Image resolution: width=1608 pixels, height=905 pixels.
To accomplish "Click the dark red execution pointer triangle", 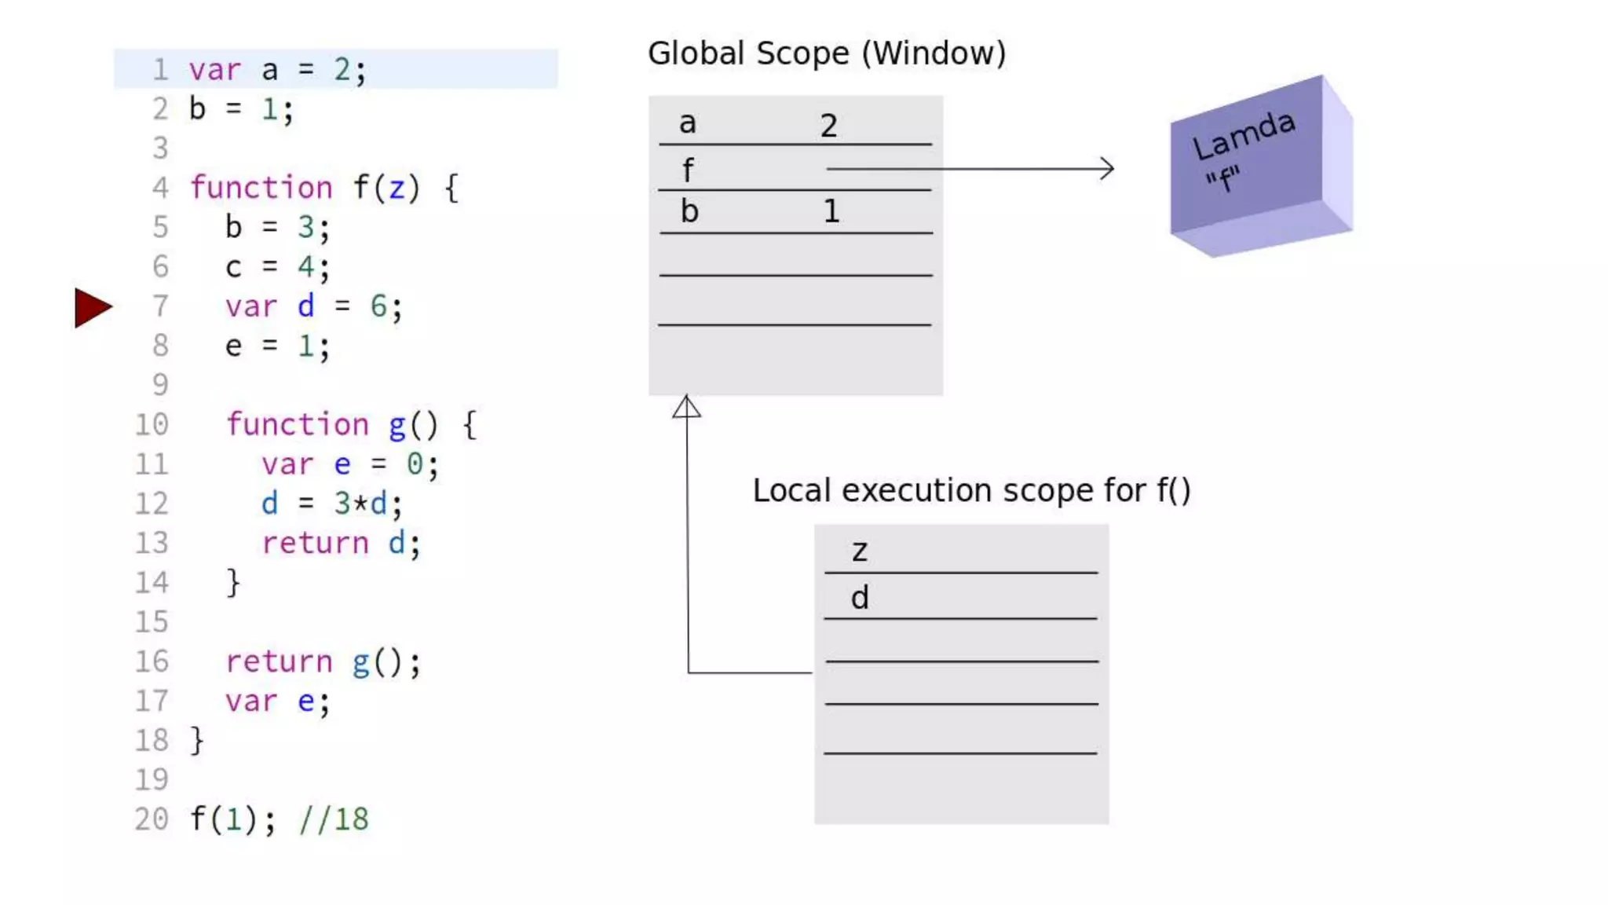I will click(x=92, y=307).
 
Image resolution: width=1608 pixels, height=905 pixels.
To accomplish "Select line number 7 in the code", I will click(x=160, y=306).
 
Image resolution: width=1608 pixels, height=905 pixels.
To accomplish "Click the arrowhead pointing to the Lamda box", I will click(x=1107, y=168).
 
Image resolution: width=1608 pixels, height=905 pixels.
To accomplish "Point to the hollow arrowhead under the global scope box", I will click(x=686, y=407).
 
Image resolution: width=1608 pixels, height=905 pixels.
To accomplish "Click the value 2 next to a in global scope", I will click(x=828, y=126).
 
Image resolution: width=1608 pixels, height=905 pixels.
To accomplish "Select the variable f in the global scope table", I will click(x=688, y=170).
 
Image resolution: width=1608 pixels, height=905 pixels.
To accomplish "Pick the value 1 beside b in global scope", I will click(x=831, y=211).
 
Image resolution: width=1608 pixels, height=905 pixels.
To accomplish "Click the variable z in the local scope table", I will click(x=860, y=551).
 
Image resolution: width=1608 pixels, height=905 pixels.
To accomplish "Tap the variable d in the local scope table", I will click(x=860, y=599).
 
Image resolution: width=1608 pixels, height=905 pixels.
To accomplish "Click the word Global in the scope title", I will click(x=696, y=53).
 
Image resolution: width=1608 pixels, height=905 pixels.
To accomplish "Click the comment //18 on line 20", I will click(x=334, y=819).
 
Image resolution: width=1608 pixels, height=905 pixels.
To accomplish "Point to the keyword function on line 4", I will click(x=261, y=188).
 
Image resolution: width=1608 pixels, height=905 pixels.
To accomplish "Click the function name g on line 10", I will click(x=397, y=425).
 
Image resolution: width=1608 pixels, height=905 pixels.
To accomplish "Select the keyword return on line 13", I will click(x=315, y=543).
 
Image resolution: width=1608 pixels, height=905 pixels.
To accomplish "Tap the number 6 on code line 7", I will click(x=378, y=306).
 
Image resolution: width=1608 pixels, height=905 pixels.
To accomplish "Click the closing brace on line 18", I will click(x=197, y=740).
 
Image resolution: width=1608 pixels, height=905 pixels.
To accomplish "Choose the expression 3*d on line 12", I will click(x=360, y=504).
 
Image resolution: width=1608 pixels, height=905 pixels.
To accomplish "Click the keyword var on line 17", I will click(x=251, y=701).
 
